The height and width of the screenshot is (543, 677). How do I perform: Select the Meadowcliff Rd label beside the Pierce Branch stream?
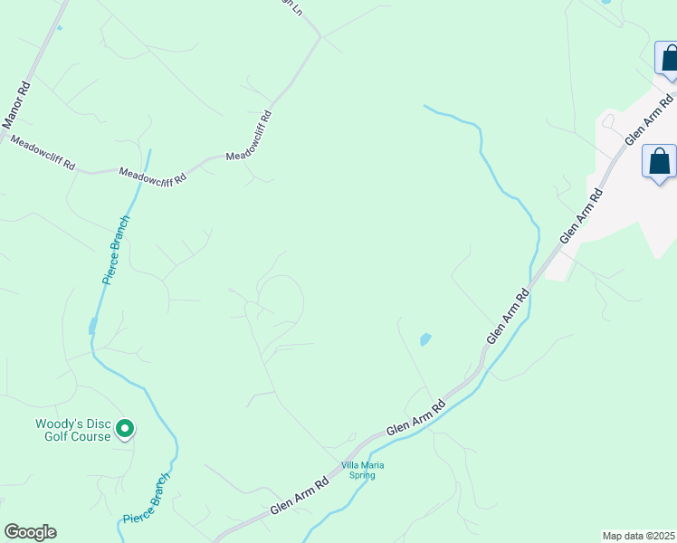(x=152, y=174)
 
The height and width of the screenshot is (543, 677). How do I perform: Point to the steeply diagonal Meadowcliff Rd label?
(x=249, y=137)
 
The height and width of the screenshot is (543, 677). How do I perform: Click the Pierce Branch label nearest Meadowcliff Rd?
(x=116, y=251)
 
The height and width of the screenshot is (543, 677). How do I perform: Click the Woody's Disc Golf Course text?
(x=72, y=430)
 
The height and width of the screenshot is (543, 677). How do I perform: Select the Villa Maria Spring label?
(x=362, y=470)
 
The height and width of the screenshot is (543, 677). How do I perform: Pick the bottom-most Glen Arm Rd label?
(x=298, y=500)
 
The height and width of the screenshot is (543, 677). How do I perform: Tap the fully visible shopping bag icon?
(x=660, y=163)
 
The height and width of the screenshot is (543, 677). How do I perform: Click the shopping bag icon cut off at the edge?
(x=669, y=59)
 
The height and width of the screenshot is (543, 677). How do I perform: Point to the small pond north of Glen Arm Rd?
(x=424, y=340)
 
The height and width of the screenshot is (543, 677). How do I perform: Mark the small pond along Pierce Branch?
(x=92, y=326)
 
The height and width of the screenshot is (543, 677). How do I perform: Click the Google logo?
(x=30, y=532)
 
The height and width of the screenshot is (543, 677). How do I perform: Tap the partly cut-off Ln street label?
(x=291, y=5)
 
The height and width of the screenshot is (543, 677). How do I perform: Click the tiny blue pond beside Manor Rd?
(x=60, y=27)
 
